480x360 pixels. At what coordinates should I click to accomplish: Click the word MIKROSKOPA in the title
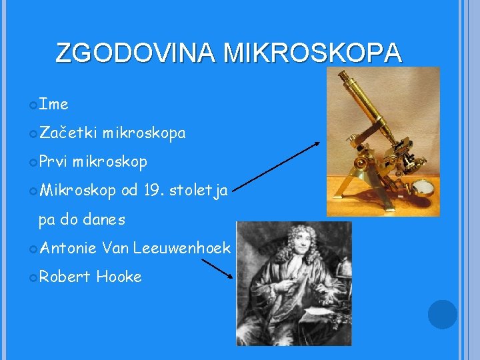point(313,53)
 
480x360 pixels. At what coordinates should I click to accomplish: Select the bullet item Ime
point(53,105)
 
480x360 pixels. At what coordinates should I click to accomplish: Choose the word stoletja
point(199,191)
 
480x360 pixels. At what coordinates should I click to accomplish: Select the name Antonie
point(69,248)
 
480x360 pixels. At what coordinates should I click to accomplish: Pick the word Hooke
point(119,277)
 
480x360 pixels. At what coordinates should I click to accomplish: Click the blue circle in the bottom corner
point(442,314)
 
